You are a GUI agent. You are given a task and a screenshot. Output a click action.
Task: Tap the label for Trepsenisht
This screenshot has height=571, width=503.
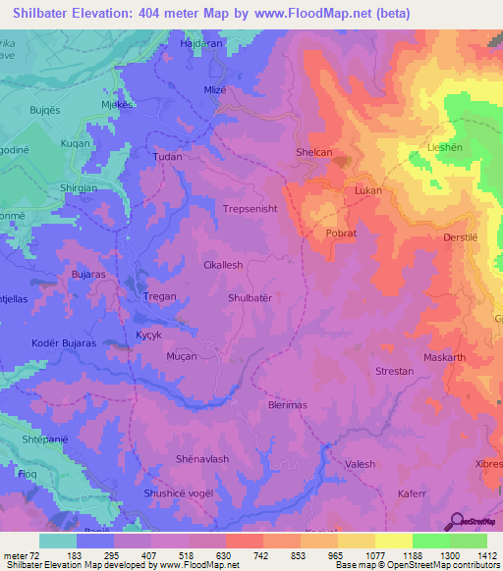251,209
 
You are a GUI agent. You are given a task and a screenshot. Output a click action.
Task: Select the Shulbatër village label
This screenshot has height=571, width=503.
255,297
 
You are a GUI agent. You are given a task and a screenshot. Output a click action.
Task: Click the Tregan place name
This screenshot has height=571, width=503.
161,297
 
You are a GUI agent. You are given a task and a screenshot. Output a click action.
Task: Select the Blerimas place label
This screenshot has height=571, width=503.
288,404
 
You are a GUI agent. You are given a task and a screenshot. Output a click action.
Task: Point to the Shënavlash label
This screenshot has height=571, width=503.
201,459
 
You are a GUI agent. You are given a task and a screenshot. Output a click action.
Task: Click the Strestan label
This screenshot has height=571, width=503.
395,372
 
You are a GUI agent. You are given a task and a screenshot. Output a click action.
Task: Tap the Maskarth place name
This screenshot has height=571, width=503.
444,357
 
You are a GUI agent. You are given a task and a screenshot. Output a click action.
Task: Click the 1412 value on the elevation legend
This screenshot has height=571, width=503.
486,555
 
